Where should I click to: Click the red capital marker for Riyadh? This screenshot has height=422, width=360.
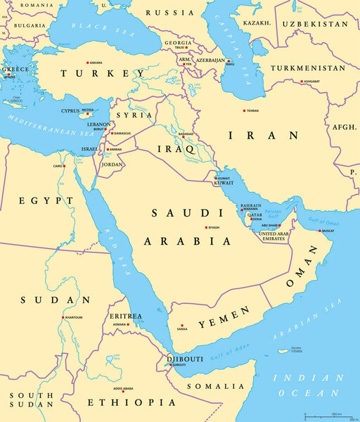pyautogui.click(x=207, y=228)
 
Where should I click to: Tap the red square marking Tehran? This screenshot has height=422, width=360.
pyautogui.click(x=244, y=111)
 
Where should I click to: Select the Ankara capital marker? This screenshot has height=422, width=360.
pyautogui.click(x=86, y=63)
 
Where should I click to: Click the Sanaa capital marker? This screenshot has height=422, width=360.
pyautogui.click(x=177, y=328)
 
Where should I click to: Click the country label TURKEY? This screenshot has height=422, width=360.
pyautogui.click(x=96, y=73)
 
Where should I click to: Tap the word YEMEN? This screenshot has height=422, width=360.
pyautogui.click(x=223, y=318)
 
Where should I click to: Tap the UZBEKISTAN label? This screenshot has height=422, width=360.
pyautogui.click(x=315, y=23)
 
